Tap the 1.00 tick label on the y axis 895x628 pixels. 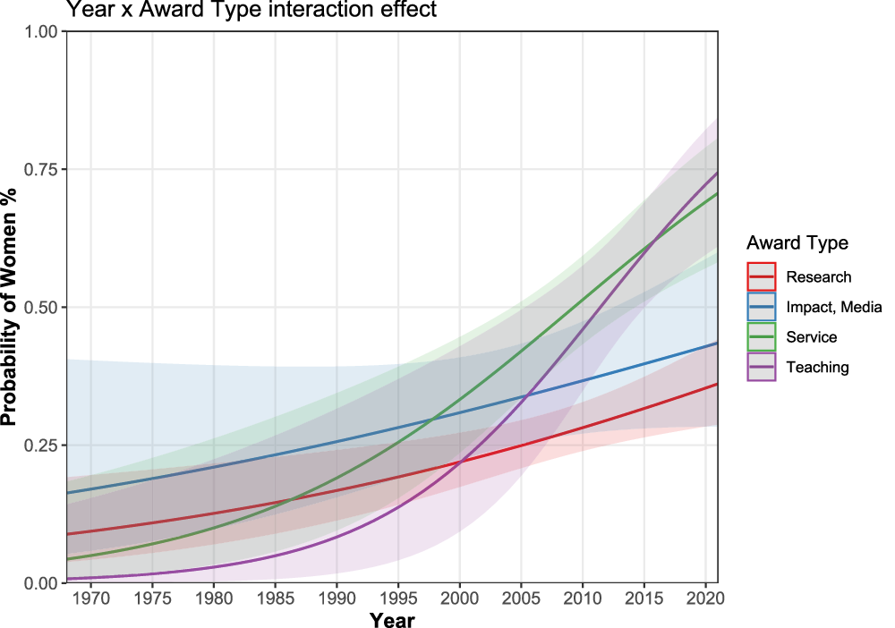click(x=40, y=32)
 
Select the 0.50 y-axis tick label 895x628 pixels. click(x=40, y=308)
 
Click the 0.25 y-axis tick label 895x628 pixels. click(x=40, y=446)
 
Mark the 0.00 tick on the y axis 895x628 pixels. click(x=40, y=583)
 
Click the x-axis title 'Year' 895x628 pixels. click(x=392, y=619)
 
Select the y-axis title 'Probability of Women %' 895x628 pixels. click(x=11, y=307)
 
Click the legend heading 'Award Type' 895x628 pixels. click(x=797, y=243)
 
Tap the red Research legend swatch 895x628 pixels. click(x=762, y=277)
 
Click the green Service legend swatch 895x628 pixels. click(x=762, y=337)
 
